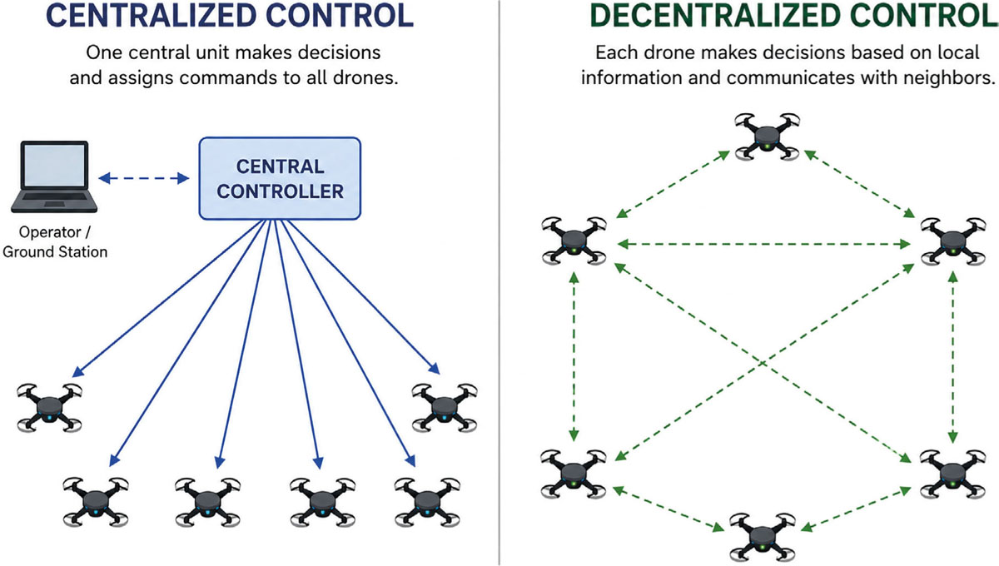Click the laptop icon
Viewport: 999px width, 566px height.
pos(54,176)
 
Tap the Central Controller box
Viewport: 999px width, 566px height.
pos(280,178)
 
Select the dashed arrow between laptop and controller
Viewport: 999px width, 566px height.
pos(143,178)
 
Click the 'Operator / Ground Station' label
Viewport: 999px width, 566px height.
pos(55,241)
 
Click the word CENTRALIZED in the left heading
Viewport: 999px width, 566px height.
pos(152,16)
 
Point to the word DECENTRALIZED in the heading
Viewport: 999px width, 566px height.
pos(715,16)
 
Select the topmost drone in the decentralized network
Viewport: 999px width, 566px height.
pos(767,137)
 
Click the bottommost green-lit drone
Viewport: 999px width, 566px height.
pos(763,537)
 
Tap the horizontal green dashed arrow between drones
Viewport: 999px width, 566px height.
pos(763,244)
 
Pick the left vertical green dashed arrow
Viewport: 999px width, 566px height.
pos(574,356)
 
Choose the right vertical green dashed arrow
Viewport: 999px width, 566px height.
pos(952,357)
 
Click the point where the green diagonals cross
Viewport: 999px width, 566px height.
pos(763,364)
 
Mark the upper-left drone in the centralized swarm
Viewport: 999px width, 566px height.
pos(49,408)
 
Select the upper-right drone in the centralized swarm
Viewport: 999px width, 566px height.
pos(445,408)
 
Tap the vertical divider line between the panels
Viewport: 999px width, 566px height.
pos(499,283)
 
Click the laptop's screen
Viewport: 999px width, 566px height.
pos(54,166)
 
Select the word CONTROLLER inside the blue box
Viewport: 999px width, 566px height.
pos(280,191)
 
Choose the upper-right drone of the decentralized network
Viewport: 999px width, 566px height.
pos(953,241)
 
